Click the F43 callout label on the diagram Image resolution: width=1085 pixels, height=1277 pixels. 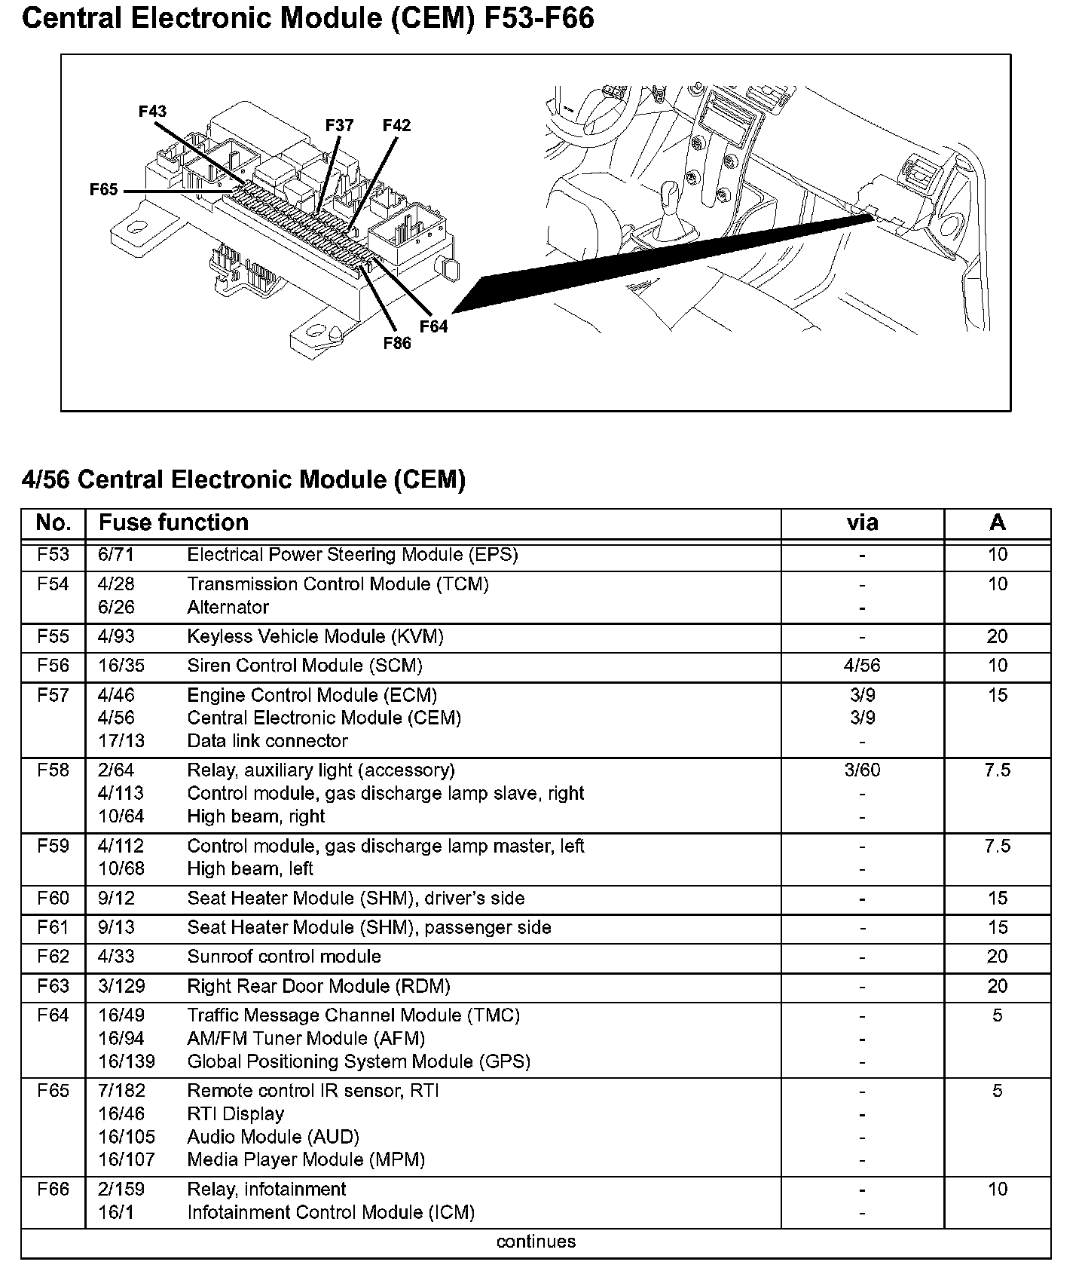coord(152,112)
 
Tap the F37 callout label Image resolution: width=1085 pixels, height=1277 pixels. coord(339,125)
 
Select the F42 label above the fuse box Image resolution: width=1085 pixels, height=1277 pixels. coord(396,125)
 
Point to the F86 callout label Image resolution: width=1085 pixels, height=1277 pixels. coord(397,344)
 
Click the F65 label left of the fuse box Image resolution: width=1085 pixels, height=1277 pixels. coord(103,190)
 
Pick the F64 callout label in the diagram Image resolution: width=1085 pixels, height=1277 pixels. coord(433,326)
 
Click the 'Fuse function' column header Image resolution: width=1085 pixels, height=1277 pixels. coord(173,522)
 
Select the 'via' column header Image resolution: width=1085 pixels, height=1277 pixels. coord(862,522)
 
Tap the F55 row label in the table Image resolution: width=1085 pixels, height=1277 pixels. coord(53,636)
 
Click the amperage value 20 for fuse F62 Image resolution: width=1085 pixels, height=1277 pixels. coord(997,957)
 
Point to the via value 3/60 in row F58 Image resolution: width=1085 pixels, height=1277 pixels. coord(862,770)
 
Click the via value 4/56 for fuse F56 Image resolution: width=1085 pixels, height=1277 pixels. coord(862,666)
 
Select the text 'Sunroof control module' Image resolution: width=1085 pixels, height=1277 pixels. coord(284,957)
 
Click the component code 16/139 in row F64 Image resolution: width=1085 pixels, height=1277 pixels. coord(126,1061)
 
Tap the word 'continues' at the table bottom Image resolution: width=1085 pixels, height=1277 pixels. coord(536,1242)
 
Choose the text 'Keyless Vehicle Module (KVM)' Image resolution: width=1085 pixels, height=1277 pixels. coord(315,636)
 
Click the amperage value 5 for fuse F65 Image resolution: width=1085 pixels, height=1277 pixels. coord(997,1091)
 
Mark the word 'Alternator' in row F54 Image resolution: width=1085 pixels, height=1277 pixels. coord(228,607)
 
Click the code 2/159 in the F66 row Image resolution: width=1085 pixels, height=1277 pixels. coord(121,1189)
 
